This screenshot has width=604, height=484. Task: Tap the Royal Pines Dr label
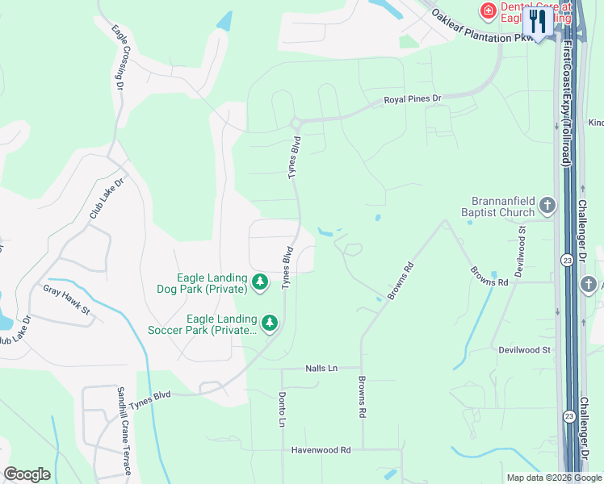[x=413, y=99]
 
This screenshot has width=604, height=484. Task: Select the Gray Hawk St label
[x=66, y=300]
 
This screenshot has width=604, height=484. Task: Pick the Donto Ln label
[x=282, y=411]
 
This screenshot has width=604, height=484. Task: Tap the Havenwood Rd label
[x=321, y=450]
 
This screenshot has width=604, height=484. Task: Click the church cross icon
[x=547, y=206]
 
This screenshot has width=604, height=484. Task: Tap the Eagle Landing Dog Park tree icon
[x=259, y=282]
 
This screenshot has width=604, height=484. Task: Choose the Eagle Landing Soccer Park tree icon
[x=269, y=323]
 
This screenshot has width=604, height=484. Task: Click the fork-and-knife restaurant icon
[x=537, y=21]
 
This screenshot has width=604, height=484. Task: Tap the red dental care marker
[x=488, y=10]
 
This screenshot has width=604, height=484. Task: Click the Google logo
[x=27, y=474]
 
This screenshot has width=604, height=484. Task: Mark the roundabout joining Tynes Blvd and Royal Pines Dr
[x=296, y=123]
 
